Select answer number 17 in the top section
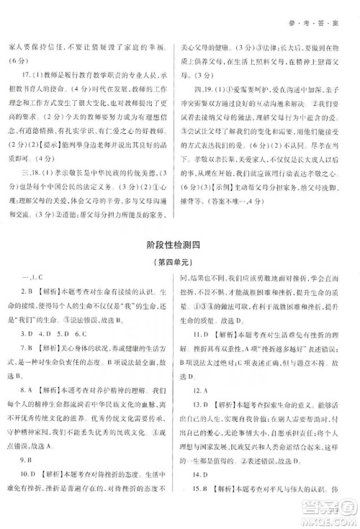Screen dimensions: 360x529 click(26, 74)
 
